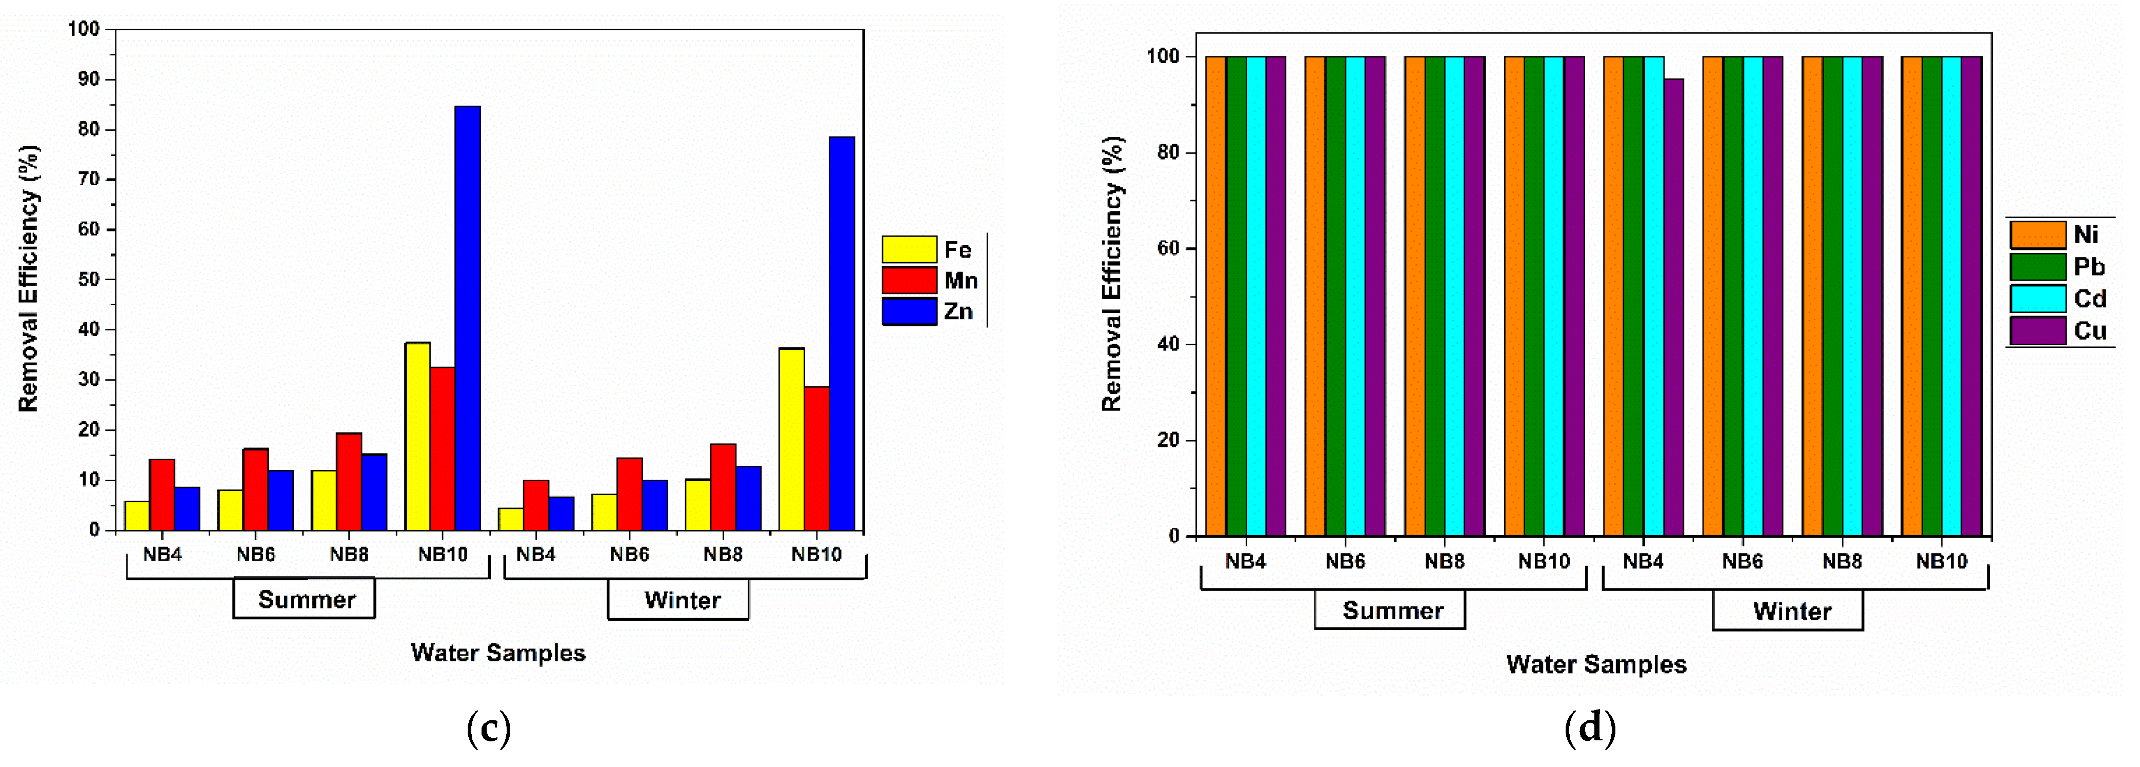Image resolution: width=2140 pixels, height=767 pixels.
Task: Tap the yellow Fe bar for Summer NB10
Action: coord(417,436)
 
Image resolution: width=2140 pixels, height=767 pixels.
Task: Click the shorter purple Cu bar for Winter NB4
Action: coord(1673,307)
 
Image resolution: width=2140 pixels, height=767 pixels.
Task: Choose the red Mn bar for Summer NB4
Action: coord(162,495)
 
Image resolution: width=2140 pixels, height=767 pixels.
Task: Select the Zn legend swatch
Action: coord(910,311)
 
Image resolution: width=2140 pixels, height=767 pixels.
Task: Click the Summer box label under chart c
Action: coord(305,599)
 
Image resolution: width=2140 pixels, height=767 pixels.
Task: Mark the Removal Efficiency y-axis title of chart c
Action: coord(28,279)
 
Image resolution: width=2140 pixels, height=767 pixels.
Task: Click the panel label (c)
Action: coord(489,729)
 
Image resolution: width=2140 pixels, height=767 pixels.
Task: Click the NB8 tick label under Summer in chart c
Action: coord(349,554)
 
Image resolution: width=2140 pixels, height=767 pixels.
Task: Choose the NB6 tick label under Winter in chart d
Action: coord(1742,562)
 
